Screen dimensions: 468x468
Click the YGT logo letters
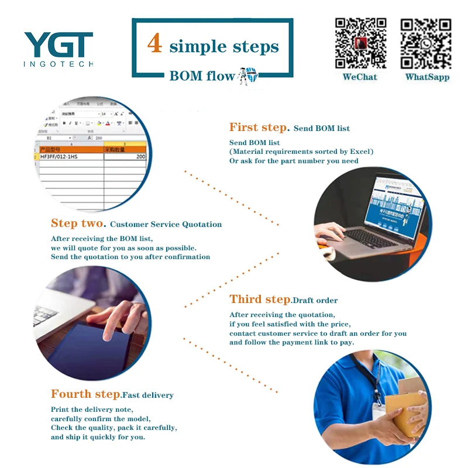58,44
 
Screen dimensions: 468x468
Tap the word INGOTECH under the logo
58,64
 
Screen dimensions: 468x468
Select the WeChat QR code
360,43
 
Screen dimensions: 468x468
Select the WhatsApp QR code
426,43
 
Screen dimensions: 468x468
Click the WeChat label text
360,77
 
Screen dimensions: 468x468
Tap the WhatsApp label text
427,77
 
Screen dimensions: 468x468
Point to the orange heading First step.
259,128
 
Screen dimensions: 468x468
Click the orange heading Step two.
78,223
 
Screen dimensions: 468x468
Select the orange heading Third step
260,300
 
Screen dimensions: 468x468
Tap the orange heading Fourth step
85,394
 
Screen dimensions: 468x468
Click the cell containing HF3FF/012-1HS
70,157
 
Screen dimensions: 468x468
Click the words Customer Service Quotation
166,225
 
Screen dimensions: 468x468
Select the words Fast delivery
147,395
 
